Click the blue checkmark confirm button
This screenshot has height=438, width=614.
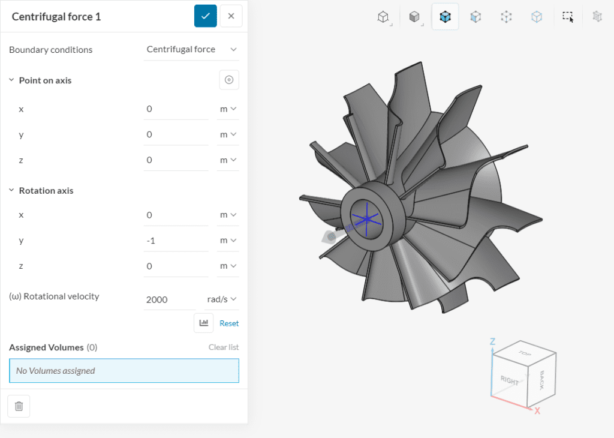(205, 16)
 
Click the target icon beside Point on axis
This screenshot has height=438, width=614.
(229, 80)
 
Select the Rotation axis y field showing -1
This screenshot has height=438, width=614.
(176, 240)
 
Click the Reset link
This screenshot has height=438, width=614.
(229, 323)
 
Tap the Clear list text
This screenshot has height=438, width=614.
(224, 347)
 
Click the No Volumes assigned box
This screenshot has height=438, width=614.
(124, 371)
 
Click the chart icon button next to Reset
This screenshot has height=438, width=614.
(204, 323)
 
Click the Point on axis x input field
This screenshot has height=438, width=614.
(176, 109)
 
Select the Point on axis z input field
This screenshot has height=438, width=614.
(176, 160)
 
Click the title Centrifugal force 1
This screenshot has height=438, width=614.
(56, 16)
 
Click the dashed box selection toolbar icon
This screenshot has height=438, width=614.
(567, 16)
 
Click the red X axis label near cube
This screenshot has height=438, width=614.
(537, 411)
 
